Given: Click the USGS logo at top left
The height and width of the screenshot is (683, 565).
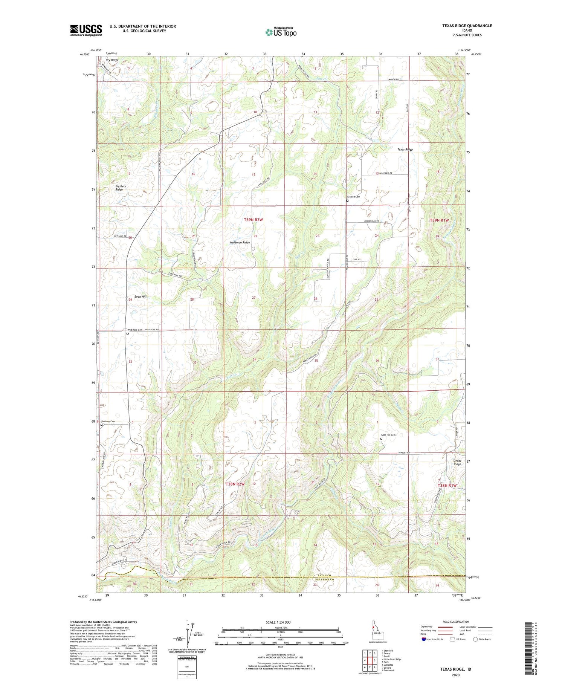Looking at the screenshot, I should [86, 30].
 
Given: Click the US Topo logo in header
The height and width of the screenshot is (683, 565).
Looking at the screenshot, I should [281, 32].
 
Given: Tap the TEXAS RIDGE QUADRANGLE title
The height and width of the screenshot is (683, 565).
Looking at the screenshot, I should [467, 26].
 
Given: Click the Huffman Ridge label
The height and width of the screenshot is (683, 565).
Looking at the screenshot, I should [240, 243].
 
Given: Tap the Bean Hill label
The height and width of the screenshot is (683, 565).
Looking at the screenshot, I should [140, 297].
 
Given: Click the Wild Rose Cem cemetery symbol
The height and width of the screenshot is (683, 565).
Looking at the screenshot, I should [128, 333].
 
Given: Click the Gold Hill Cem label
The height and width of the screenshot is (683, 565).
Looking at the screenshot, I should [388, 435].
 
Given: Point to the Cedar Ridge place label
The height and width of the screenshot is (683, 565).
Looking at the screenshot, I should [457, 462].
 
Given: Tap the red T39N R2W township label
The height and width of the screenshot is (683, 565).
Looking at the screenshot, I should [253, 219].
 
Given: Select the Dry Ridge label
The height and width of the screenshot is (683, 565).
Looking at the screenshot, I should [112, 60].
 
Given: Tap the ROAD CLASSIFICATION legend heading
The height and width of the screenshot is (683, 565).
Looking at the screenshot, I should [456, 622].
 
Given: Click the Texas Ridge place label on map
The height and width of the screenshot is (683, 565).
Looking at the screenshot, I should [405, 150].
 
